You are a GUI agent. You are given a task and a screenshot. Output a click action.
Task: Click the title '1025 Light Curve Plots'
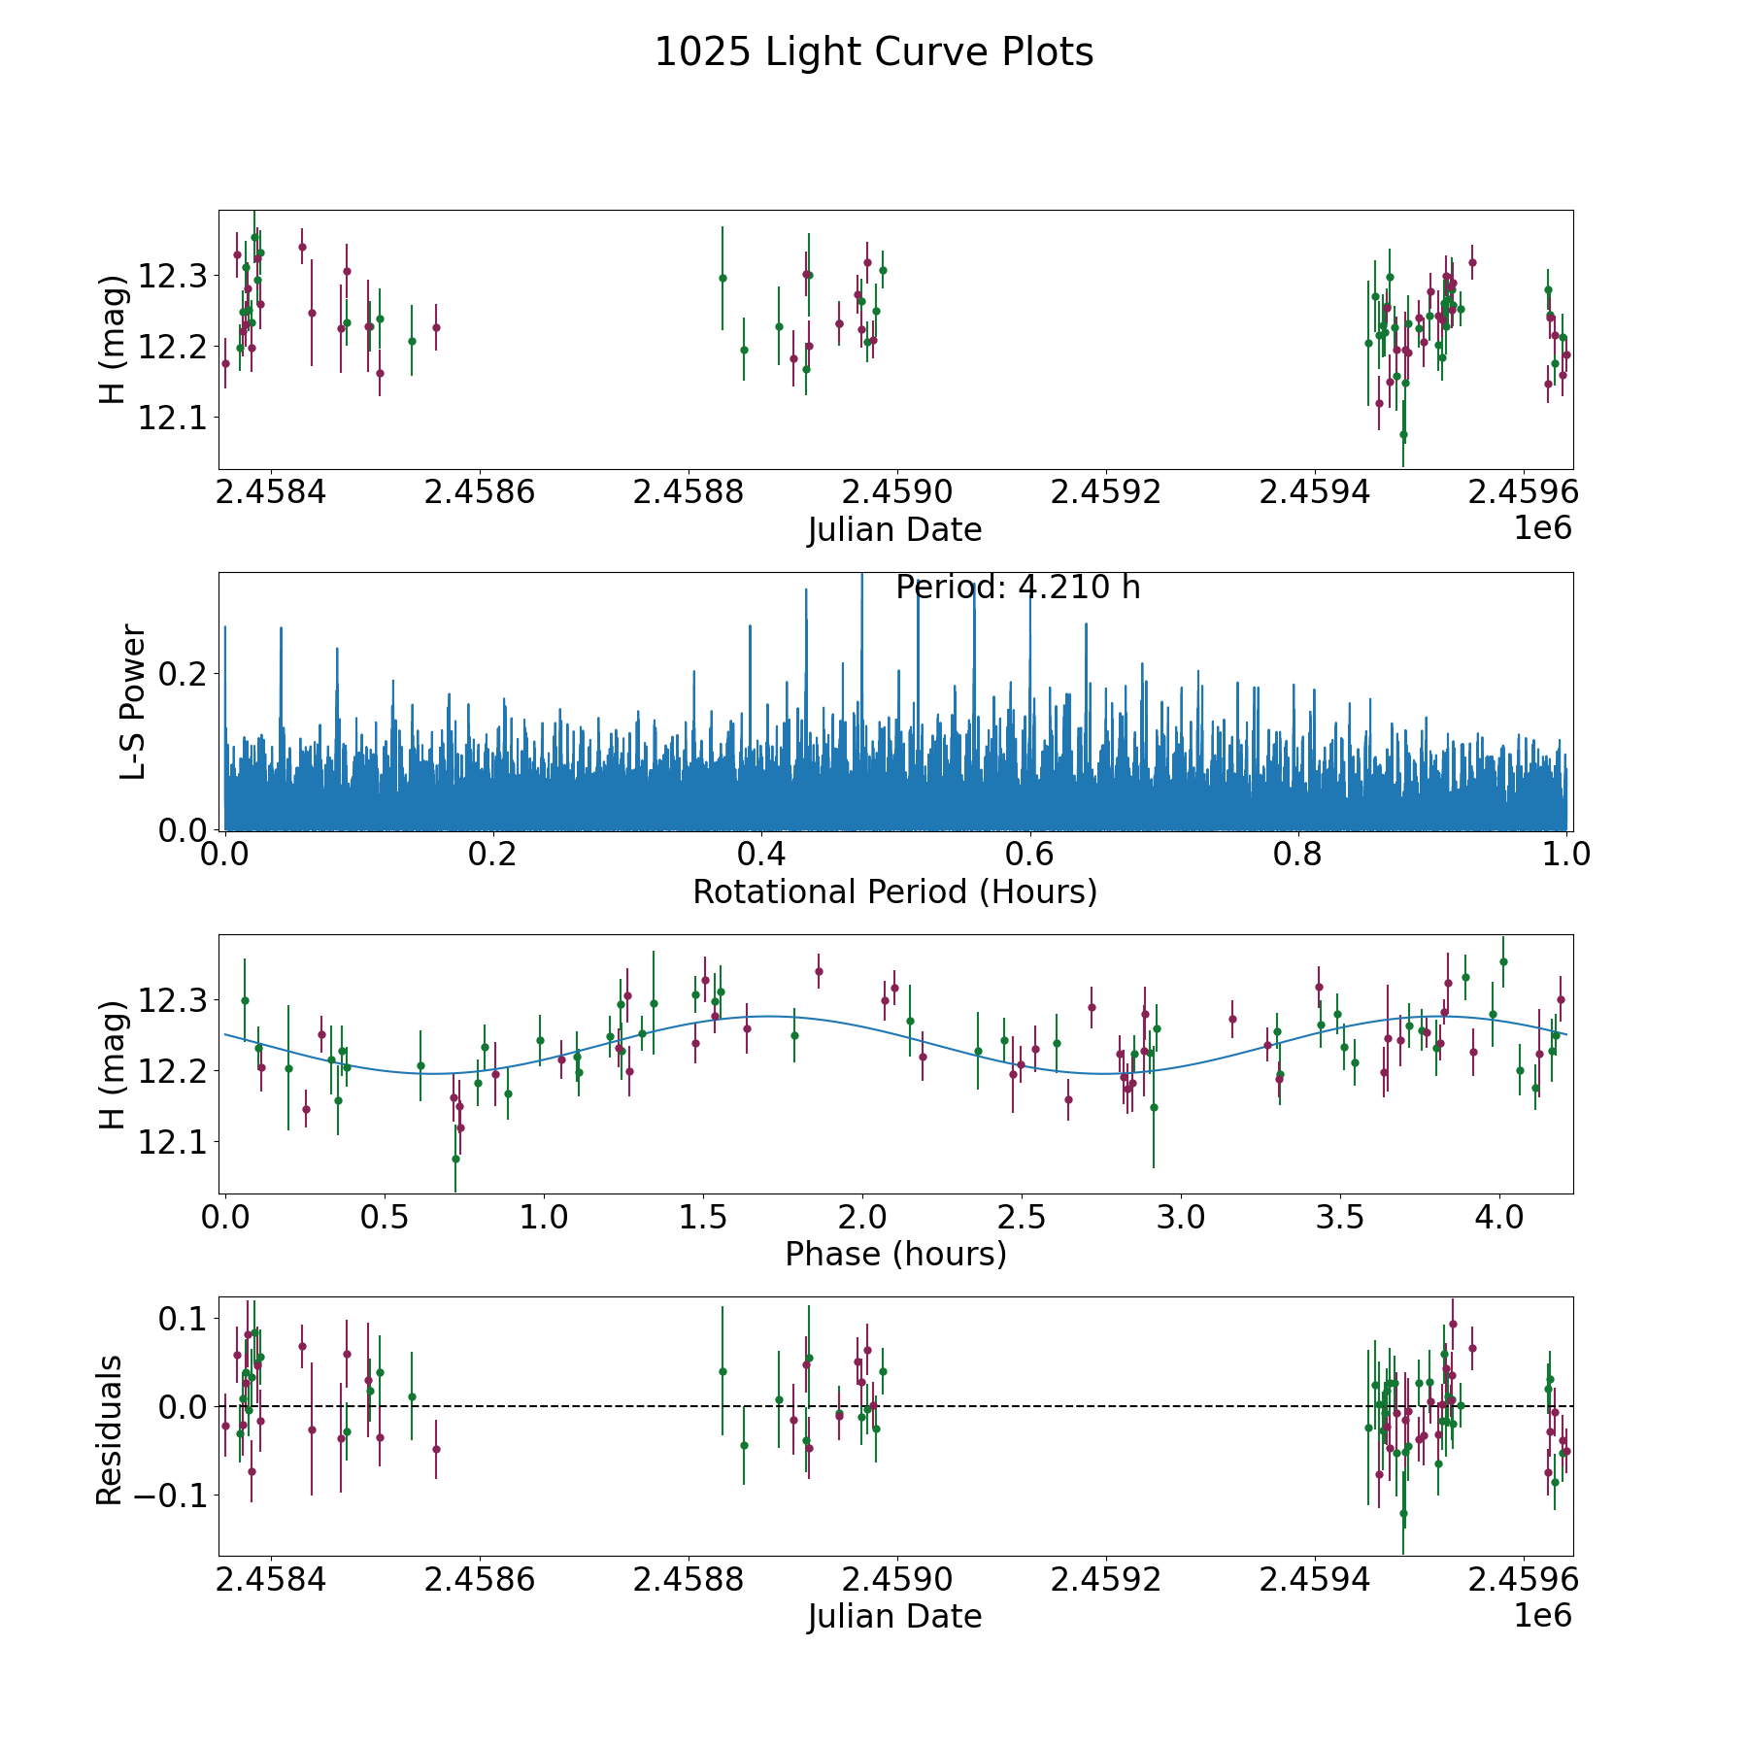tap(874, 52)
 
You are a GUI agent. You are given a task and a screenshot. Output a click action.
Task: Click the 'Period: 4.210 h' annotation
tap(1018, 588)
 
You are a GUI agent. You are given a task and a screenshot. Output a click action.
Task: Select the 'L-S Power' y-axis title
tap(133, 701)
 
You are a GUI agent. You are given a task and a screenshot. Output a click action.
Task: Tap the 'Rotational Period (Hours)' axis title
tap(894, 891)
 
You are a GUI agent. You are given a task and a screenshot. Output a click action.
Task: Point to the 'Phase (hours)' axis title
tap(894, 1254)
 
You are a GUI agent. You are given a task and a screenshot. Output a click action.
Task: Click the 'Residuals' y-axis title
tap(109, 1429)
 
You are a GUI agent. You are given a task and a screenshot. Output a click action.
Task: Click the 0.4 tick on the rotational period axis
tap(761, 855)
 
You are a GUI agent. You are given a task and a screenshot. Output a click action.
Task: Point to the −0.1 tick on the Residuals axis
tap(163, 1495)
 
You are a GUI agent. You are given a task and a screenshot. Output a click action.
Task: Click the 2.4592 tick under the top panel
tap(1106, 492)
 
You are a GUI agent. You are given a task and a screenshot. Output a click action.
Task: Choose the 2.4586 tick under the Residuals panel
tap(480, 1580)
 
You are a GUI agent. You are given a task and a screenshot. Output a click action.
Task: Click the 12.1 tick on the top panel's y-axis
tap(166, 418)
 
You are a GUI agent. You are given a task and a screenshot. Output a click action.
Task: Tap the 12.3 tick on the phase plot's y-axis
tap(166, 1000)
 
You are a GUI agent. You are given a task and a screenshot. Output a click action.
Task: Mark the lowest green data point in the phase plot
tap(455, 1159)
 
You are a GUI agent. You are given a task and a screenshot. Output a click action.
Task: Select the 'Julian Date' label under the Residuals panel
tap(894, 1617)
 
